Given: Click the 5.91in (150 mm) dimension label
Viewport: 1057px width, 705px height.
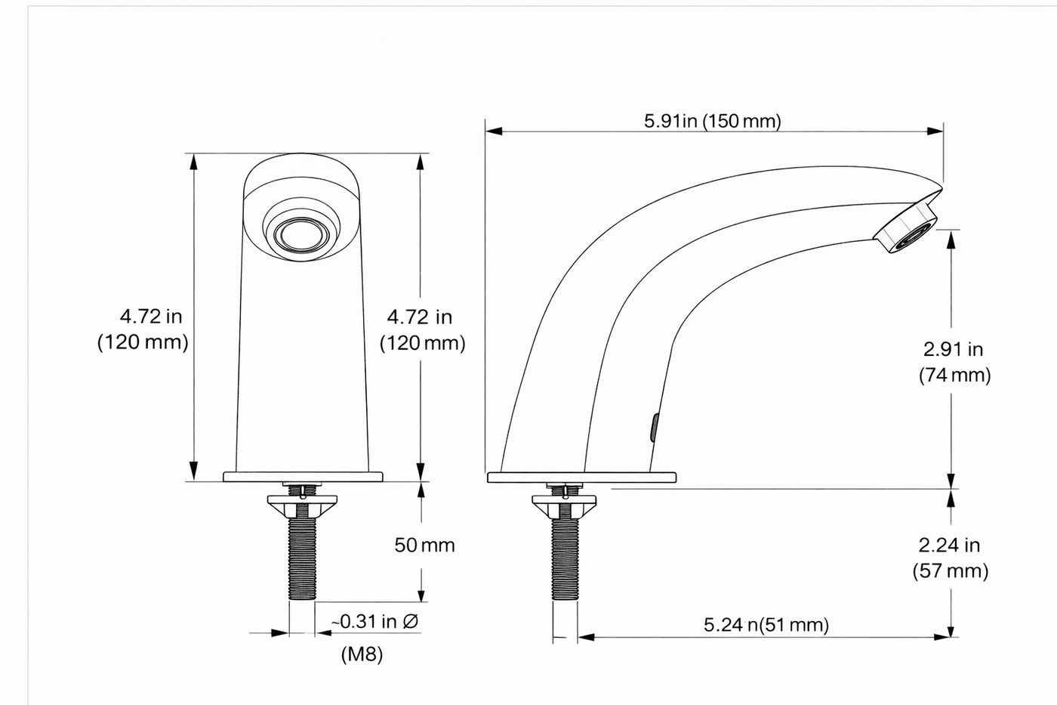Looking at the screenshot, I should pos(712,121).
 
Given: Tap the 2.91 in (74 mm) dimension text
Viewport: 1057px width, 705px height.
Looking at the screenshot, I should pos(954,362).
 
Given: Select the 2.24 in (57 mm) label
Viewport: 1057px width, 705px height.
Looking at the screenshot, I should pos(950,558).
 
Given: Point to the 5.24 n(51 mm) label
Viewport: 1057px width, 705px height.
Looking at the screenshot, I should pos(766,625).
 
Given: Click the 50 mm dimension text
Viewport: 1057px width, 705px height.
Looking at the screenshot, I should pos(424,545).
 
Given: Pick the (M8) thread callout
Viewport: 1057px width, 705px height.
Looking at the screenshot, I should pos(362,654).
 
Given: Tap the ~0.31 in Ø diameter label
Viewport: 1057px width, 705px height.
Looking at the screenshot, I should pos(375,622).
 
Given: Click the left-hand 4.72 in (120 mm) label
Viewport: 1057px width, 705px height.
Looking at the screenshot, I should pos(143,329).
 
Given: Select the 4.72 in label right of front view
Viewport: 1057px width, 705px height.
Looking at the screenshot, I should pos(421,329).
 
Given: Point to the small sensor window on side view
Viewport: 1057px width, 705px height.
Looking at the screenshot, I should pos(655,428).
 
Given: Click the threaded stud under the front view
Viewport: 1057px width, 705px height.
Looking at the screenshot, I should pos(302,559).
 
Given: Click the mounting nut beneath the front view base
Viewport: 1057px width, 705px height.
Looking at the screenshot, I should pos(302,503).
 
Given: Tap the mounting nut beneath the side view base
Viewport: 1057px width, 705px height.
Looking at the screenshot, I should pos(565,504).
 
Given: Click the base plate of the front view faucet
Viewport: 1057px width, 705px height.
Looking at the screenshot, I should pos(303,477).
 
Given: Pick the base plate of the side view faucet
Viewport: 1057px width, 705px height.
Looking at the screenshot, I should pos(581,478).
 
